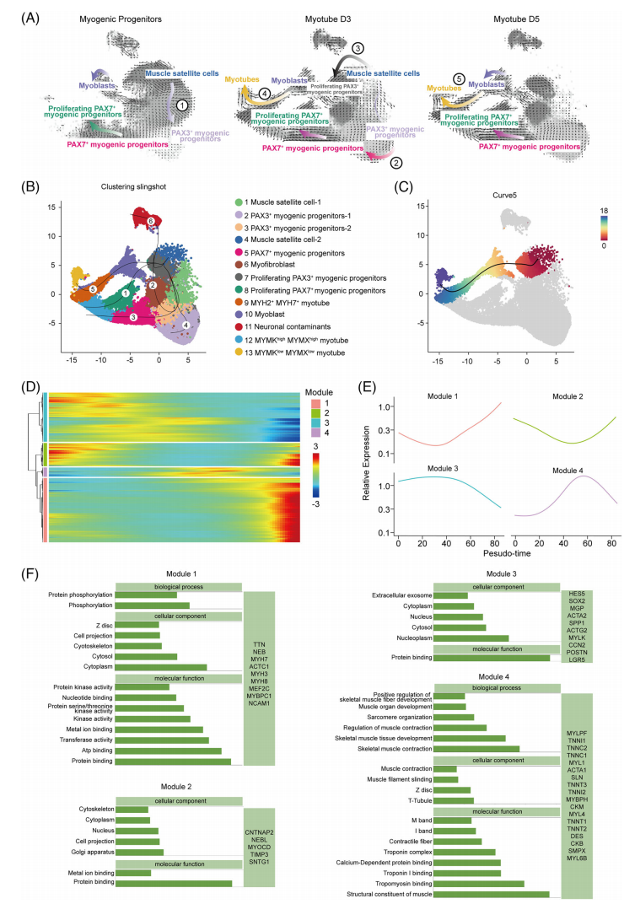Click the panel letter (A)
click(x=19, y=14)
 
